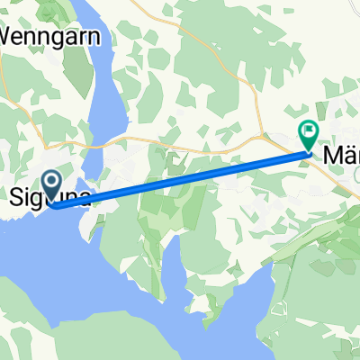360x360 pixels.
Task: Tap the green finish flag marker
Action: pyautogui.click(x=309, y=135)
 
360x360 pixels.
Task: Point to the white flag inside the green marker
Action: pyautogui.click(x=309, y=132)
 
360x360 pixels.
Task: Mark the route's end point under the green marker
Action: pyautogui.click(x=309, y=153)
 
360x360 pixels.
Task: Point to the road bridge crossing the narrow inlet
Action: pyautogui.click(x=108, y=141)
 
